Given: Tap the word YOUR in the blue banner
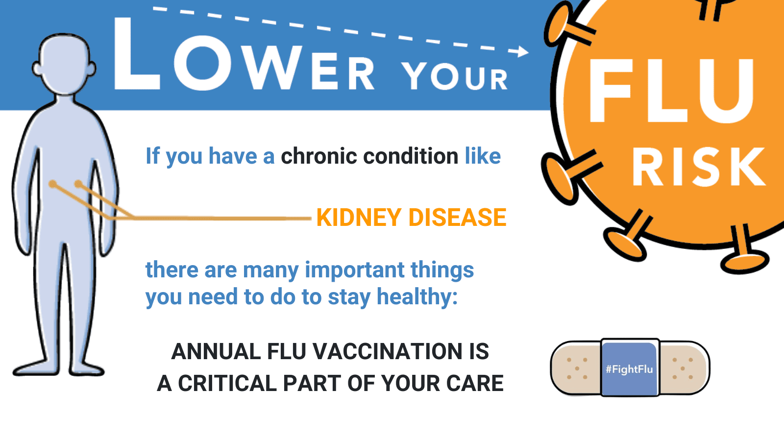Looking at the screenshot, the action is point(455,76).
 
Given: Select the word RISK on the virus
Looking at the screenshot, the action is point(699,167).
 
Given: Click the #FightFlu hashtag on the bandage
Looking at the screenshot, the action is point(629,369).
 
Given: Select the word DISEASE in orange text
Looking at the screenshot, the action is point(458,218).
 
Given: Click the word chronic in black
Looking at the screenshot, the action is point(318,156).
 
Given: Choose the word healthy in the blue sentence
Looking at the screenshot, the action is point(417,297).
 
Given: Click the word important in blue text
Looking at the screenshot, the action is point(355,270).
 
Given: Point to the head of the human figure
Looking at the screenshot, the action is point(64,64).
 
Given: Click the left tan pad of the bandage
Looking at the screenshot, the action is point(576,368).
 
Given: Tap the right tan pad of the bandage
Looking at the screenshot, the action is point(684,368).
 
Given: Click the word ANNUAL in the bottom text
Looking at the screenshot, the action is point(216,351).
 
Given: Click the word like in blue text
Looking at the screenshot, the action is point(483,156).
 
